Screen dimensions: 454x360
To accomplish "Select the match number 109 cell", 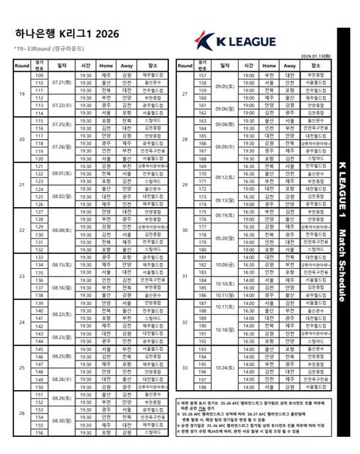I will (x=40, y=75).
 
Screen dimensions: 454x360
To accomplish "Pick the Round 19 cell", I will (x=21, y=94).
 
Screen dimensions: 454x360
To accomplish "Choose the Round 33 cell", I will (x=184, y=368).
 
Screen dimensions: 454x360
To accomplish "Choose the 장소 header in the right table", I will (x=315, y=65).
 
